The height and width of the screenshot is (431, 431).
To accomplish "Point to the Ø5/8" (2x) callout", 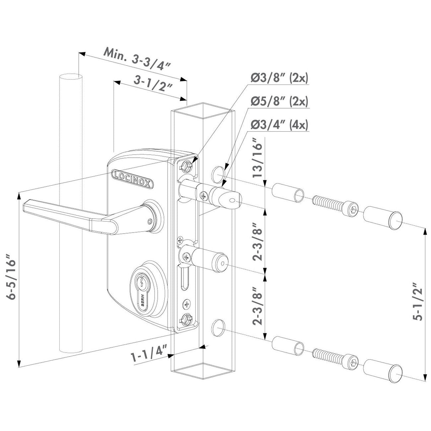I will coord(279,102).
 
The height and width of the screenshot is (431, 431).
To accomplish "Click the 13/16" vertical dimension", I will coord(258,160).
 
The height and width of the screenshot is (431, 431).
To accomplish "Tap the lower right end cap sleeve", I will coord(383,372).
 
